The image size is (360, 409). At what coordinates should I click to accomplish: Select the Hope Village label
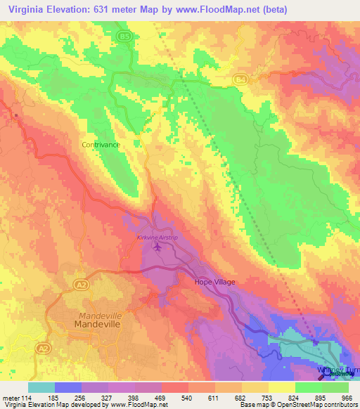click(x=214, y=282)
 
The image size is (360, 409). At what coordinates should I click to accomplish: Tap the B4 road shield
click(x=240, y=80)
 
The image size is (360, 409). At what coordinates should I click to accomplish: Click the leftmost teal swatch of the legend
click(x=41, y=387)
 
